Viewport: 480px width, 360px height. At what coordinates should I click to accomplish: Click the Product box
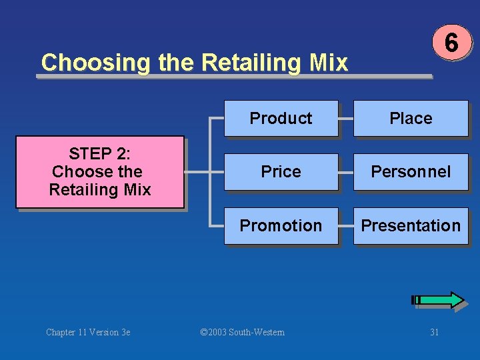[x=281, y=119]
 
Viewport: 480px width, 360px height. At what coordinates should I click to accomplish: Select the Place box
[x=411, y=119]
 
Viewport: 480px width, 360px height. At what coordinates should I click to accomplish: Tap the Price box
[x=281, y=172]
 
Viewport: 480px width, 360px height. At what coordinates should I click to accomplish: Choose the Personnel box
[x=411, y=172]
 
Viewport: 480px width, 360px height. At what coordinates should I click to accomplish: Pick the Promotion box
[x=281, y=226]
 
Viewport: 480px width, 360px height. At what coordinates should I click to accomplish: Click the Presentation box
[x=411, y=226]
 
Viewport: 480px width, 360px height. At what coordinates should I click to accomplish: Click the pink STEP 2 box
[x=100, y=172]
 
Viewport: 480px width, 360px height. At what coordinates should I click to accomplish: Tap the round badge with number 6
[x=451, y=43]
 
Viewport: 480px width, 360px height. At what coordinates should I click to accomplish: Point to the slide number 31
[x=434, y=332]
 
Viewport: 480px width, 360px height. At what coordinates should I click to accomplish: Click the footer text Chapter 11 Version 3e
[x=88, y=332]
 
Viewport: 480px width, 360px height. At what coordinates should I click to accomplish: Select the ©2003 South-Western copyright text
[x=242, y=332]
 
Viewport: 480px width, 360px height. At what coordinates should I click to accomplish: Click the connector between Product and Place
[x=345, y=119]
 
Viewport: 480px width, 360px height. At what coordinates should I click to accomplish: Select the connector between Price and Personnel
[x=345, y=172]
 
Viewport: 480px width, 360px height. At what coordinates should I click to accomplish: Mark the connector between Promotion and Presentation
[x=345, y=226]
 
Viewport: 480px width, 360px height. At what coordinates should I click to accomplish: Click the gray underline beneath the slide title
[x=233, y=77]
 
